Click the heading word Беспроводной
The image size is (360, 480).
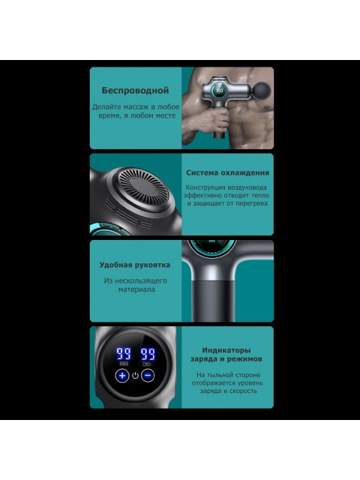[135, 91]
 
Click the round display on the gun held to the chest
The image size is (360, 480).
[220, 90]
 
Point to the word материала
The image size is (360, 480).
[136, 289]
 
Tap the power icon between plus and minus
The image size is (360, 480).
[135, 376]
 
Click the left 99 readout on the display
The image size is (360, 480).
[123, 353]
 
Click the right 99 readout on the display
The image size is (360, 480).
[148, 353]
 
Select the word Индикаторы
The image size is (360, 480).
[226, 350]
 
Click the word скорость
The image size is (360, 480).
[243, 391]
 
